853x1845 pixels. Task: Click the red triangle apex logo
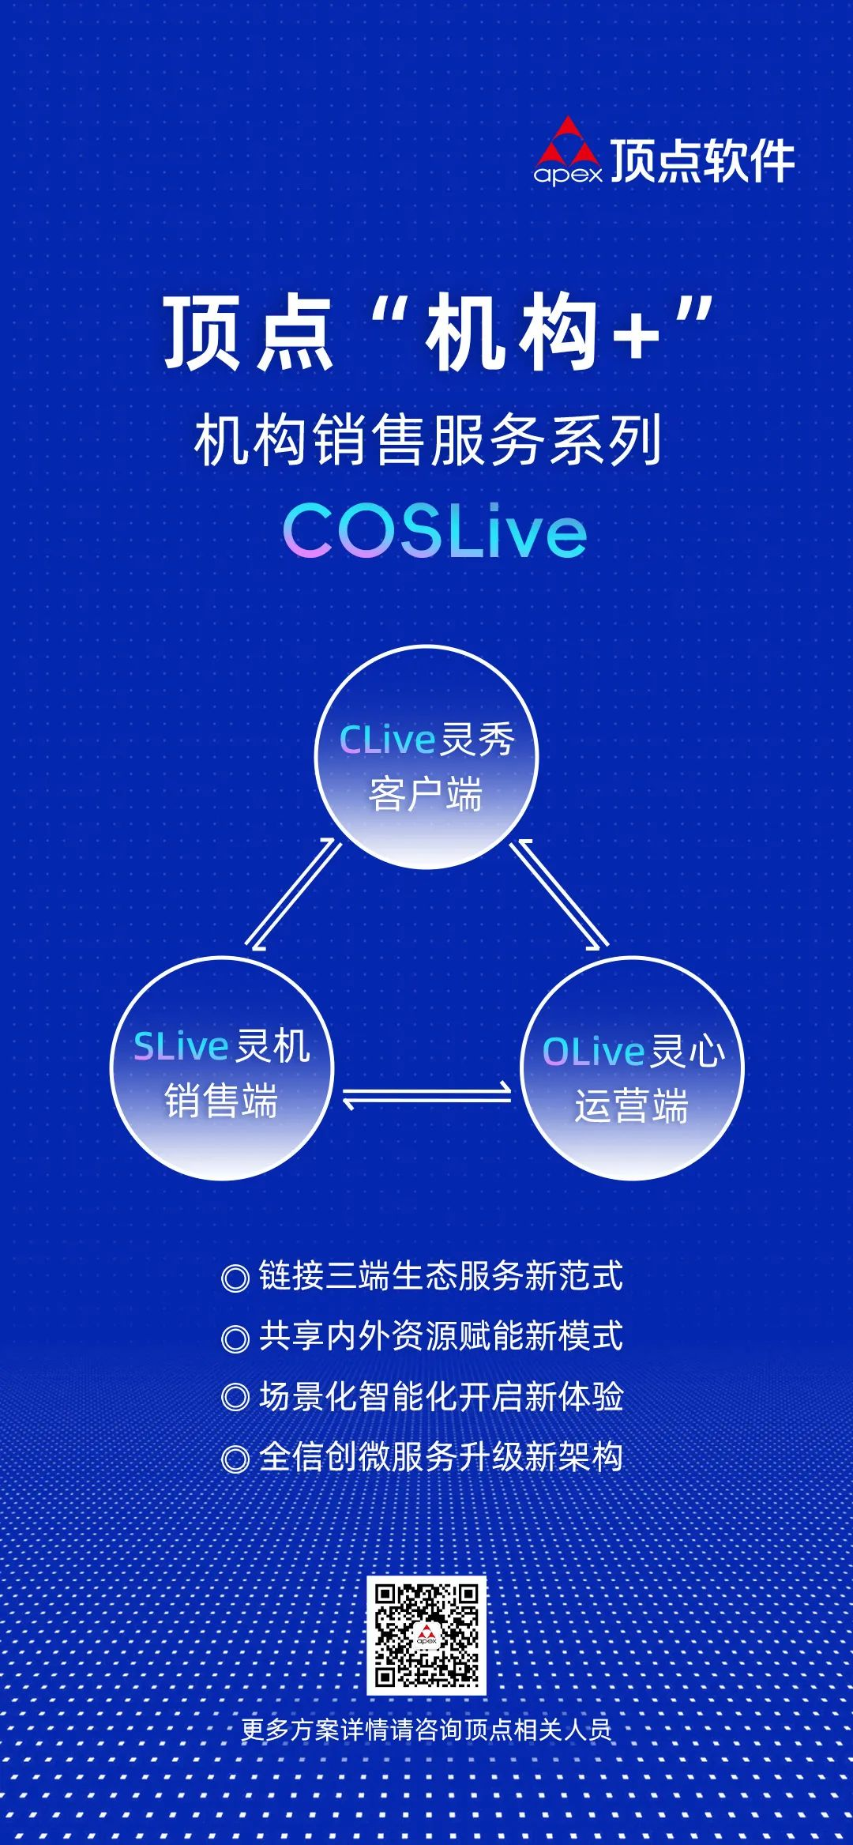click(x=568, y=147)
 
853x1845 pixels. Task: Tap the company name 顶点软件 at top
click(x=702, y=161)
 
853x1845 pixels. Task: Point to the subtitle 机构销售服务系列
click(x=427, y=441)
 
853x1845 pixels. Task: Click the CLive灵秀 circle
click(x=426, y=757)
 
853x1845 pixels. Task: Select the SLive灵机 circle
click(x=222, y=1068)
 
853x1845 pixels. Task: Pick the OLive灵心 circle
click(x=632, y=1068)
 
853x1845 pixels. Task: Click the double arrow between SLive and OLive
click(x=426, y=1096)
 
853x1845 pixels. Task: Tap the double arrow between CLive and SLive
click(x=293, y=894)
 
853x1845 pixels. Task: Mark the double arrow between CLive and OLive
click(x=559, y=894)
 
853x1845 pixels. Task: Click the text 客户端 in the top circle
click(x=426, y=794)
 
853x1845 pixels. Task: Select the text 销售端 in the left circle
click(x=221, y=1101)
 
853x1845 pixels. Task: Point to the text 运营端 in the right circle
click(x=631, y=1105)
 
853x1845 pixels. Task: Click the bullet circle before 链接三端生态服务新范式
click(x=235, y=1278)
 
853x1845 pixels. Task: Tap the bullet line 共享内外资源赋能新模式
click(x=441, y=1337)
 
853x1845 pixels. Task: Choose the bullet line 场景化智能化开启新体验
click(x=441, y=1397)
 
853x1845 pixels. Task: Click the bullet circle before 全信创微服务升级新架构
click(x=235, y=1458)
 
